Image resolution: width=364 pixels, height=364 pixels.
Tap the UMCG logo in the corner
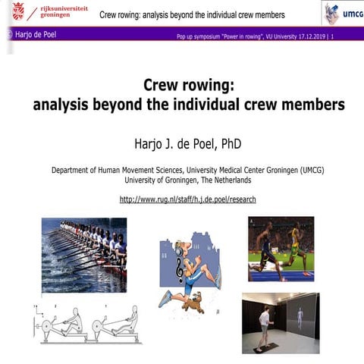(x=341, y=13)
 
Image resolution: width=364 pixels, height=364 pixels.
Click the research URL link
(x=187, y=199)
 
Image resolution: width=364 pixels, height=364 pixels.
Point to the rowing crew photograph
(x=83, y=245)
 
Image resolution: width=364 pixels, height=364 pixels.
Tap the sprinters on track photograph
(x=281, y=249)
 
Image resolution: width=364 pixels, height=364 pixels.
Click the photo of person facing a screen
(x=281, y=322)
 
